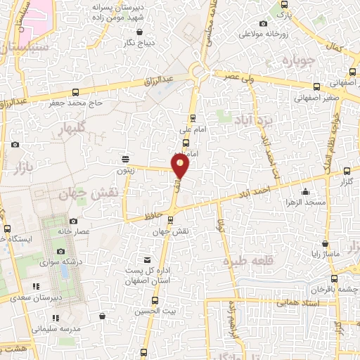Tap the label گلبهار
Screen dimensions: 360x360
(x=72, y=129)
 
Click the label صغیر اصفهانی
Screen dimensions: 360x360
(x=317, y=99)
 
